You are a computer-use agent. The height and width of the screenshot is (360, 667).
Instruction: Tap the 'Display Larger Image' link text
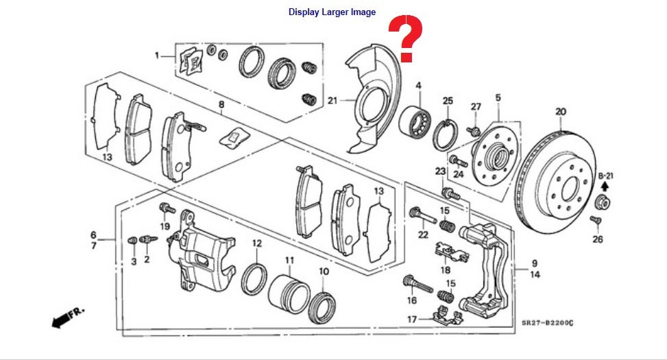click(332, 12)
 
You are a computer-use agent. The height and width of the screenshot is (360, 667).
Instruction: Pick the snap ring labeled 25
click(446, 135)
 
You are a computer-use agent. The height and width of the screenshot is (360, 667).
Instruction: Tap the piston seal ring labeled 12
click(254, 280)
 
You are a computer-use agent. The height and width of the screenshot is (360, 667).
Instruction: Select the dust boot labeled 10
click(322, 307)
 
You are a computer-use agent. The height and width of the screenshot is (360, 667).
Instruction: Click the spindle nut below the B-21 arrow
click(603, 202)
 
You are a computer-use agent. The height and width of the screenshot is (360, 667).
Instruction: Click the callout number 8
click(221, 105)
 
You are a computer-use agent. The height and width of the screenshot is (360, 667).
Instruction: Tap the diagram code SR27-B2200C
click(548, 323)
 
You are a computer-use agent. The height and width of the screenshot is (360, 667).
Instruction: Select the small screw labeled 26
click(595, 220)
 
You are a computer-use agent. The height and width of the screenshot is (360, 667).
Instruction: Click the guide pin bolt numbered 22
click(422, 215)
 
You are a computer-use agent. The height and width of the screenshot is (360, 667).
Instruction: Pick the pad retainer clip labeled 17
click(448, 317)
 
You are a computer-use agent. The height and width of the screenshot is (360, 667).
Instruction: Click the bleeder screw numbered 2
click(149, 239)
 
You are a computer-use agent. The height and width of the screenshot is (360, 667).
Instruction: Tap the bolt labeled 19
click(167, 208)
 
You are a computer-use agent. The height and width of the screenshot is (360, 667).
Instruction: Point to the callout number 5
click(498, 98)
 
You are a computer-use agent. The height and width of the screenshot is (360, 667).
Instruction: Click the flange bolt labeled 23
click(450, 193)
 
